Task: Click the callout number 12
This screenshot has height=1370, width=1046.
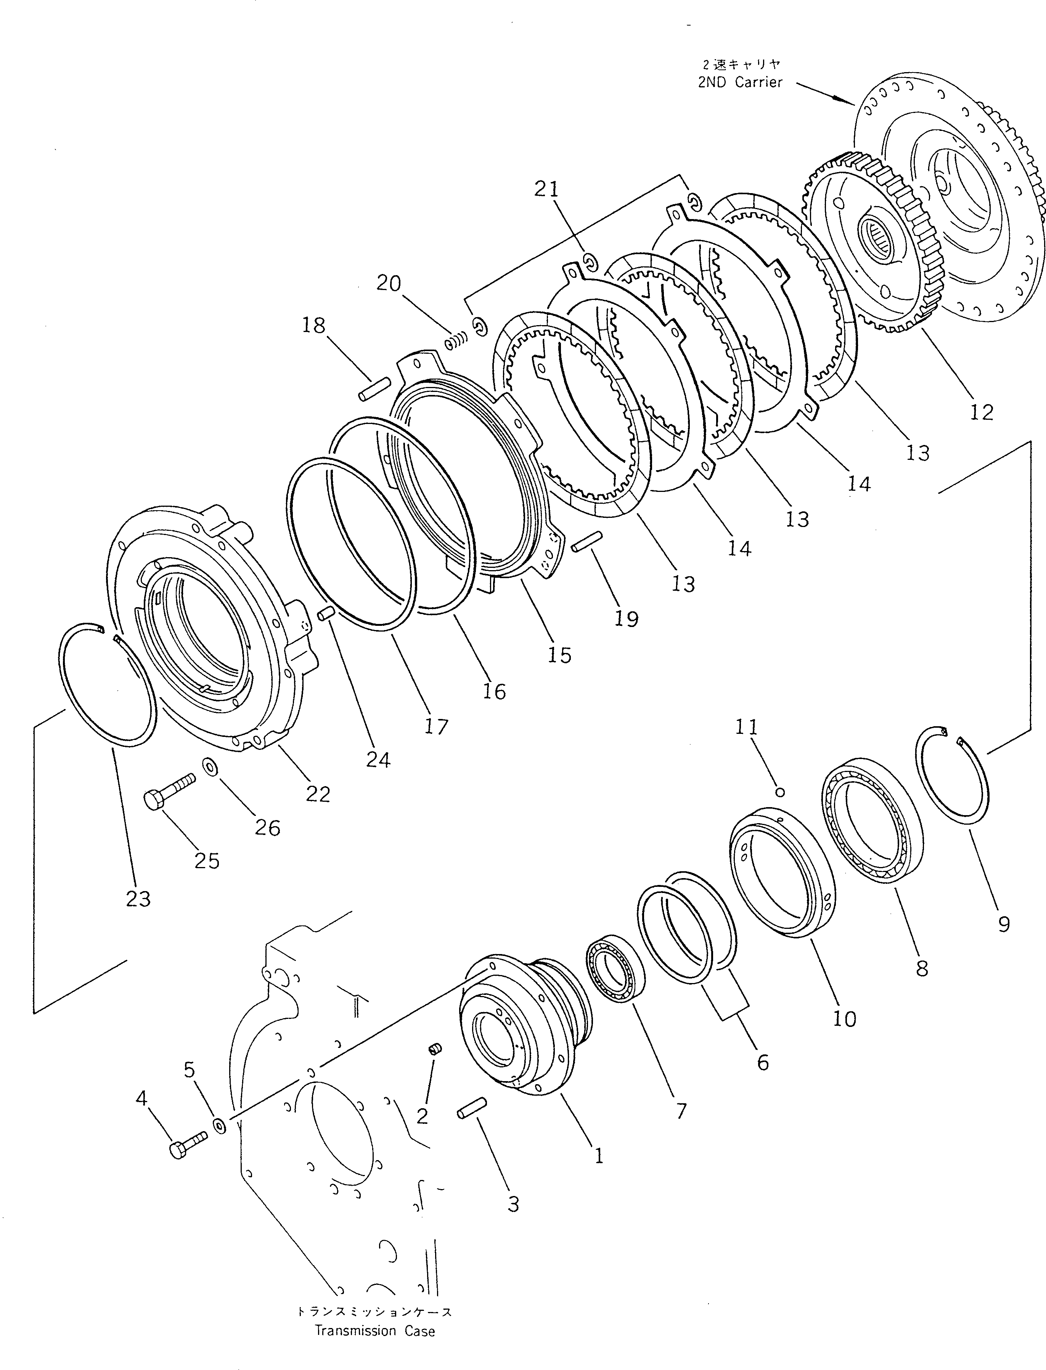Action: click(x=981, y=412)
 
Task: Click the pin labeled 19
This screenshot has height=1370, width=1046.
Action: click(x=585, y=540)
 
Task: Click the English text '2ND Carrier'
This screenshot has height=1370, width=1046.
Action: click(x=740, y=82)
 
